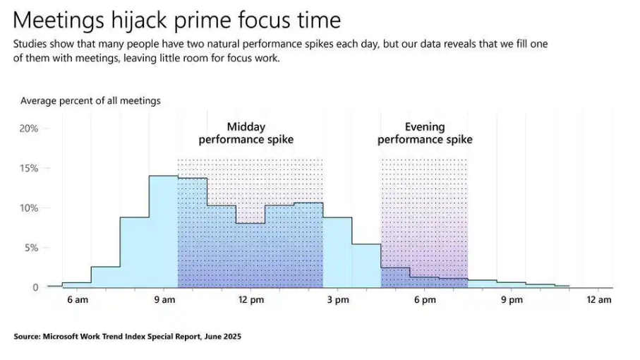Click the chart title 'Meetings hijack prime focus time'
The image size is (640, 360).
pos(176,20)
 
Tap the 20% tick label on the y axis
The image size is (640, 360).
pos(28,128)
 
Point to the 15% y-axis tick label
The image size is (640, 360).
pos(28,168)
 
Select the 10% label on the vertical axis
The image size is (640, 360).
pos(28,208)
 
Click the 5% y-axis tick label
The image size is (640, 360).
pos(31,248)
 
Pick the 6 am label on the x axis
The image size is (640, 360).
pos(78,300)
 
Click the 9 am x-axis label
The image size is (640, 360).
pos(164,300)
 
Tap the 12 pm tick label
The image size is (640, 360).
pos(251,300)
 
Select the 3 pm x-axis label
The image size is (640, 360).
pos(338,300)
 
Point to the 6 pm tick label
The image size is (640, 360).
pos(425,300)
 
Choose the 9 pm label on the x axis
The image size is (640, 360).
pos(512,300)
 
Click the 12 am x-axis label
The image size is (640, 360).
pos(599,300)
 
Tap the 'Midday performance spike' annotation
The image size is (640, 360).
pos(246,133)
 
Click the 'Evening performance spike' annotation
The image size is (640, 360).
pos(425,133)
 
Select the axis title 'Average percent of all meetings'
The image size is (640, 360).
pos(90,101)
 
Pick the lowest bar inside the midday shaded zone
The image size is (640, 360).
pos(250,256)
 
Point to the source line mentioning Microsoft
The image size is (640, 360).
pos(127,337)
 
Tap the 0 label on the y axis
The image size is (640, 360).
pos(35,287)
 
